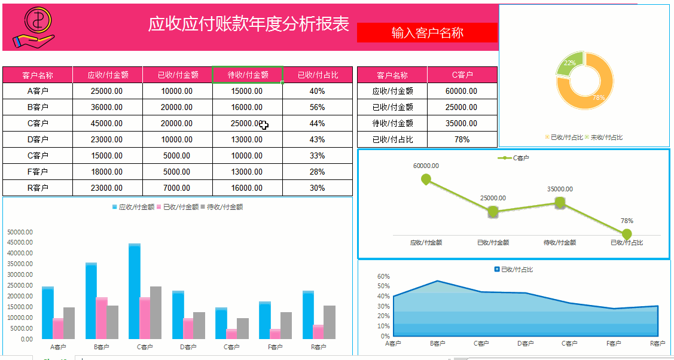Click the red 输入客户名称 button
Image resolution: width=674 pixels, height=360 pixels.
pyautogui.click(x=427, y=33)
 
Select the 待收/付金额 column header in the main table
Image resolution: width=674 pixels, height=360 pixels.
pyautogui.click(x=248, y=75)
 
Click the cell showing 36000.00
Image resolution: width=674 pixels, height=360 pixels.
pyautogui.click(x=107, y=107)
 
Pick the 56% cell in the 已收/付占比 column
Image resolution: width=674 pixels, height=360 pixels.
pyautogui.click(x=317, y=107)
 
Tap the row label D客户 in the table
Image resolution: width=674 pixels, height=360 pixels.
pyautogui.click(x=38, y=139)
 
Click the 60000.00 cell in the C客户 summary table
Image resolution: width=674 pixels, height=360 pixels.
pyautogui.click(x=461, y=91)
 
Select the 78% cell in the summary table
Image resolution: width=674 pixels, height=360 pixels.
pyautogui.click(x=461, y=139)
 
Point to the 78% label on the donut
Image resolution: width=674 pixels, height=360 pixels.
pyautogui.click(x=598, y=97)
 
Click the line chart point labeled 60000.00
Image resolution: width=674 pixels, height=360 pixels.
pyautogui.click(x=426, y=179)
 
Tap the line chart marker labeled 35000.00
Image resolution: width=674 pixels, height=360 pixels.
pyautogui.click(x=560, y=203)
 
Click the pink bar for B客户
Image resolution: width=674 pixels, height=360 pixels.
pyautogui.click(x=102, y=318)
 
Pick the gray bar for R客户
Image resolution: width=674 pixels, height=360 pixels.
pyautogui.click(x=330, y=322)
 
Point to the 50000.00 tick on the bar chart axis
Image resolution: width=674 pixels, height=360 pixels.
pyautogui.click(x=20, y=232)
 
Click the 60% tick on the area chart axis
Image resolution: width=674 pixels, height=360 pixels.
pyautogui.click(x=383, y=277)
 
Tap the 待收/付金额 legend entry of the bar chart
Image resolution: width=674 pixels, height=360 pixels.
pyautogui.click(x=224, y=207)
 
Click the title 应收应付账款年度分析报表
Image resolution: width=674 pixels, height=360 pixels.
pyautogui.click(x=249, y=24)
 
